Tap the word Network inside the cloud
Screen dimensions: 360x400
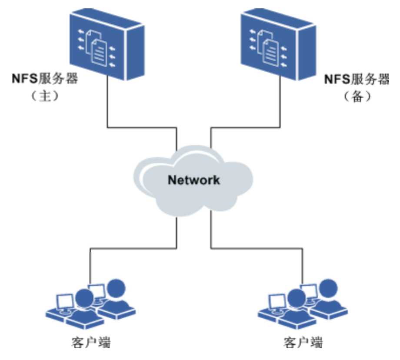(x=193, y=180)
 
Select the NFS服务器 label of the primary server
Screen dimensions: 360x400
(x=45, y=80)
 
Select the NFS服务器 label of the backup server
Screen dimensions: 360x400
(x=357, y=80)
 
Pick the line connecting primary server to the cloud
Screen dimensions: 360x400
(x=141, y=127)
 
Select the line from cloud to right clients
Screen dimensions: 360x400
(x=257, y=249)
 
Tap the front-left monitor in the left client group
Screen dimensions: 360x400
(x=65, y=300)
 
